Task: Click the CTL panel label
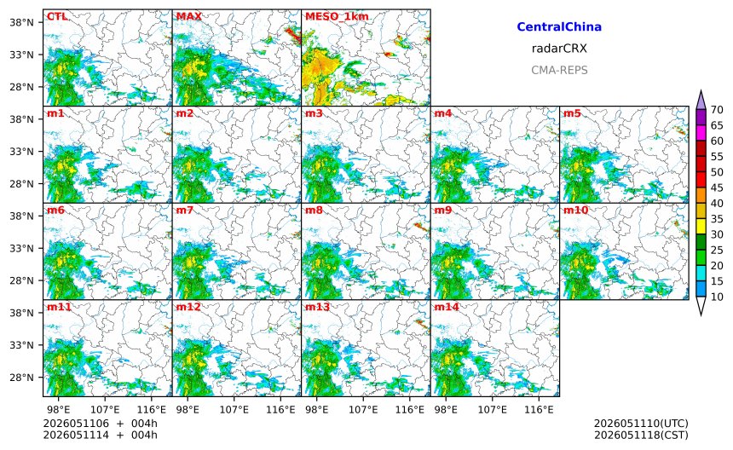57,17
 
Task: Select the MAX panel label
189,17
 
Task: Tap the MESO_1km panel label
337,17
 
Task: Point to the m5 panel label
572,113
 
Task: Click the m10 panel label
575,211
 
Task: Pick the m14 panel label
447,307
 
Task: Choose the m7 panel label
185,211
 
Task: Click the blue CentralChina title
559,27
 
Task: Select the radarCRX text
559,49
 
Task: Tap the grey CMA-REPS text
559,70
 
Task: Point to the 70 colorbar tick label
717,110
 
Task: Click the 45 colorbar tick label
717,187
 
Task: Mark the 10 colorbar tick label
717,297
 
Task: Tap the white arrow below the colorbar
701,305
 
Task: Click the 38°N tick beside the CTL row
22,22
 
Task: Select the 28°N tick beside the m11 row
22,378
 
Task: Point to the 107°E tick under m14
493,410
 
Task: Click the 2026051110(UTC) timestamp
641,424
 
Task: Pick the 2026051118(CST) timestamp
641,435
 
